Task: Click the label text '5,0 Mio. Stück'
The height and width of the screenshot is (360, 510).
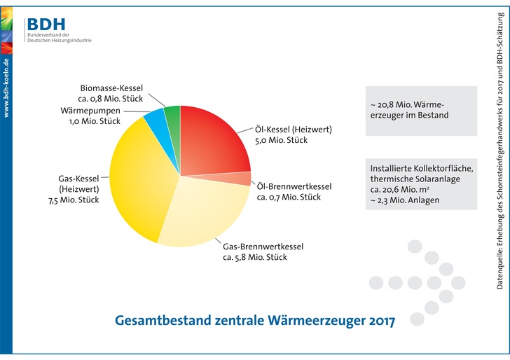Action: click(x=281, y=140)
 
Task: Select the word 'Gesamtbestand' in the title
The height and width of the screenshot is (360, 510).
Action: click(x=162, y=321)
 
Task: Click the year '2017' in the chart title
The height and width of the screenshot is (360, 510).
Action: click(x=379, y=321)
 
